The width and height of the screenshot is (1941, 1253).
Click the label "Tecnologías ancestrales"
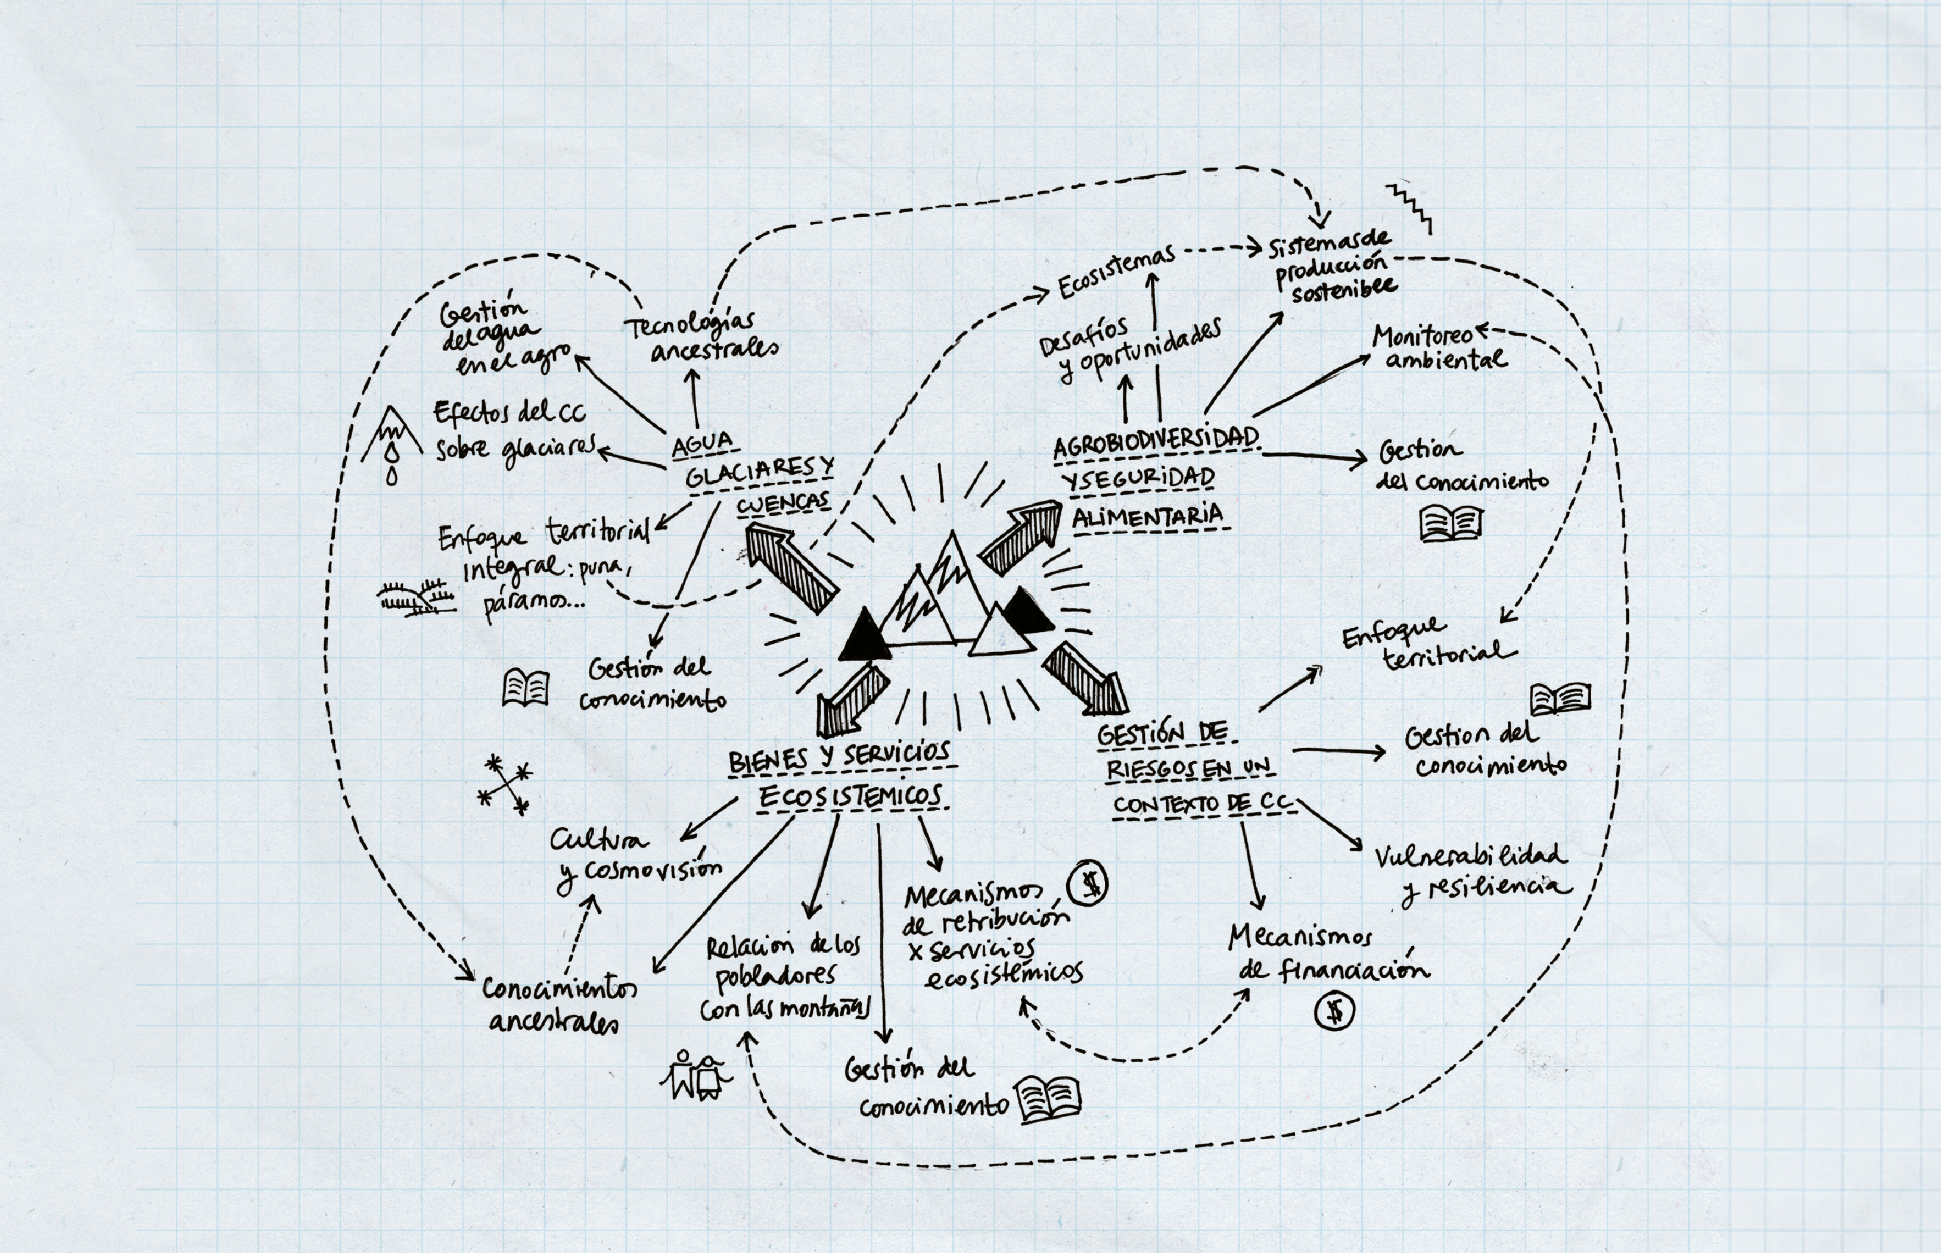click(701, 336)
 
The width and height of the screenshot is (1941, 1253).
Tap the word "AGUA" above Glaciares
click(702, 443)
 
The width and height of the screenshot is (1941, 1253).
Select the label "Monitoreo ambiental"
click(1438, 348)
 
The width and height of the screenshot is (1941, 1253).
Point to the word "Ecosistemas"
click(1116, 272)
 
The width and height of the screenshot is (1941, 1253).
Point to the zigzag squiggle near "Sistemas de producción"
click(1410, 207)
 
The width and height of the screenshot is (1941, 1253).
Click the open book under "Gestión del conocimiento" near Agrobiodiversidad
click(1451, 524)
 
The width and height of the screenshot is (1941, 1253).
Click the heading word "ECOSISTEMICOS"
click(850, 796)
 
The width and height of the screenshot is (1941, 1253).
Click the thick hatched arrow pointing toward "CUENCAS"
click(791, 566)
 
